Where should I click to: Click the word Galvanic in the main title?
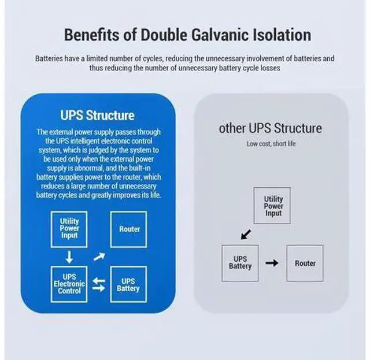[x=220, y=35]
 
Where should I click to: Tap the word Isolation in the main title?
[x=282, y=35]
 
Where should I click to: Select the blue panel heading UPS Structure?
[x=98, y=116]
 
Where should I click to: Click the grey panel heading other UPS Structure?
[x=271, y=128]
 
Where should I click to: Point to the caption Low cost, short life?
[x=271, y=144]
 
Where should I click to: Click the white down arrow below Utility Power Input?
[x=69, y=257]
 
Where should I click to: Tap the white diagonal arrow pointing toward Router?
[x=99, y=257]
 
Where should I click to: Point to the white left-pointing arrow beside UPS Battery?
[x=99, y=281]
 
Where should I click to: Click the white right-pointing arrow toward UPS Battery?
[x=99, y=288]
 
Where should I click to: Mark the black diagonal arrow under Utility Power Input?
[x=246, y=235]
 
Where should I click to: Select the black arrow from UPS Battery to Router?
[x=272, y=263]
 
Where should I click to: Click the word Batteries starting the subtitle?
[x=49, y=58]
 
